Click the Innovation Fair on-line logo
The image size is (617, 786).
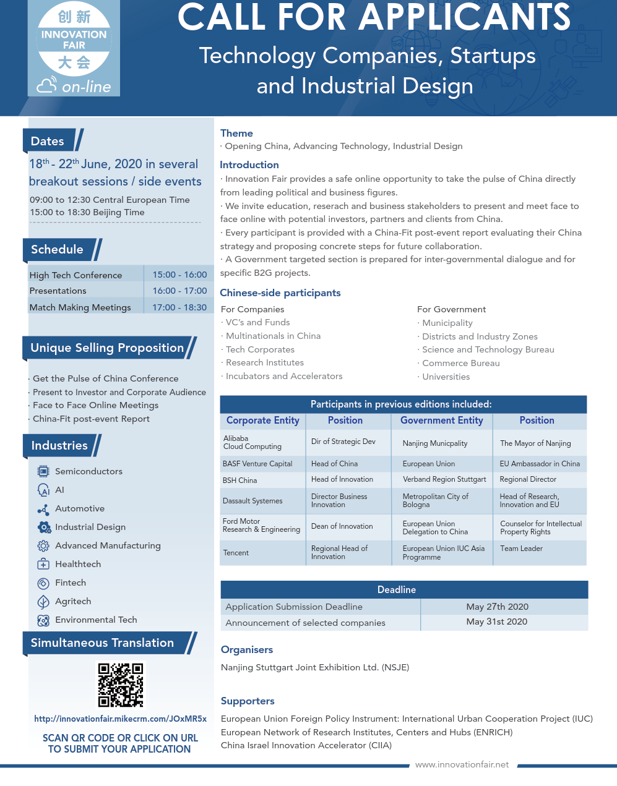pyautogui.click(x=74, y=48)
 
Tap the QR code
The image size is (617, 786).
pyautogui.click(x=121, y=685)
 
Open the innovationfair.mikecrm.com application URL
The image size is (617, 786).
pyautogui.click(x=120, y=719)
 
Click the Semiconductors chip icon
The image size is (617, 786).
pyautogui.click(x=43, y=471)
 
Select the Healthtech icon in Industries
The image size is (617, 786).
pyautogui.click(x=43, y=564)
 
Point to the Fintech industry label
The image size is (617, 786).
pyautogui.click(x=71, y=583)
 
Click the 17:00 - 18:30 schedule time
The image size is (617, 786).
pyautogui.click(x=179, y=307)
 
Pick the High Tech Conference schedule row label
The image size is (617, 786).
pyautogui.click(x=76, y=275)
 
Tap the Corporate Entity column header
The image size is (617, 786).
pyautogui.click(x=262, y=421)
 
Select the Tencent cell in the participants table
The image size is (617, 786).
pyautogui.click(x=236, y=553)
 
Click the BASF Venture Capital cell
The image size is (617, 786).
pyautogui.click(x=257, y=464)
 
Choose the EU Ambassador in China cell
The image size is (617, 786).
pyautogui.click(x=540, y=464)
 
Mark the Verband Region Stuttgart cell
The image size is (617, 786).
pyautogui.click(x=444, y=479)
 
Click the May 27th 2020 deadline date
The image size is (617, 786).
pyautogui.click(x=497, y=607)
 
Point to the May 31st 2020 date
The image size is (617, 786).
pyautogui.click(x=497, y=622)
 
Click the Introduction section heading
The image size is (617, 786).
pyautogui.click(x=249, y=165)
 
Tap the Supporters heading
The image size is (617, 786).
pyautogui.click(x=248, y=701)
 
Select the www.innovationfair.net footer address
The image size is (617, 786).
pyautogui.click(x=462, y=765)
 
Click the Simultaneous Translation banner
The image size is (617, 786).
pyautogui.click(x=103, y=643)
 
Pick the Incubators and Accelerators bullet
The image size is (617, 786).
pyautogui.click(x=284, y=376)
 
